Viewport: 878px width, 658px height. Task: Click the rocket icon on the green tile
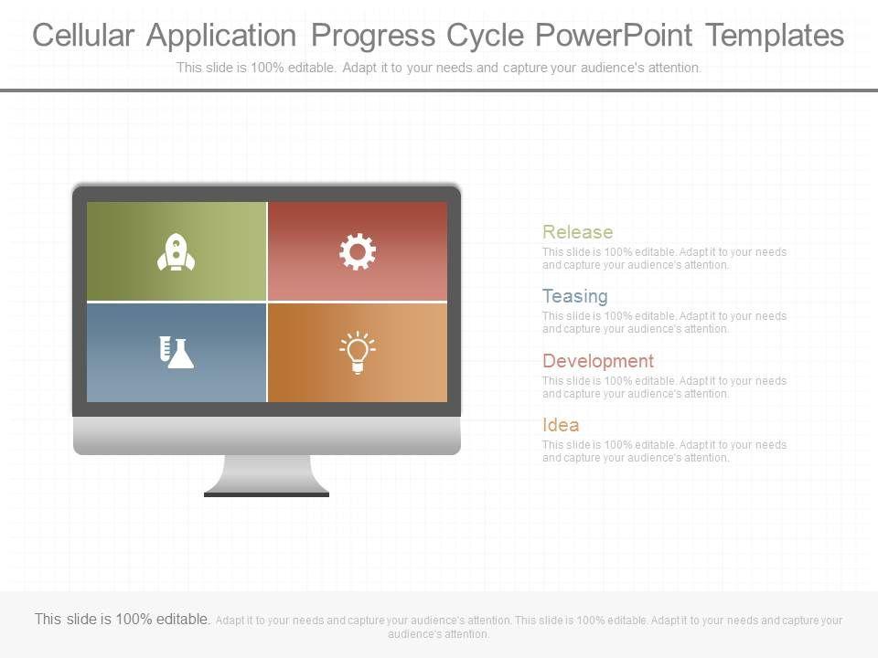point(176,252)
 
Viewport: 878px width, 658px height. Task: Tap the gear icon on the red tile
point(358,252)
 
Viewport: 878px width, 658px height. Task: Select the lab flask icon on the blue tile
point(176,353)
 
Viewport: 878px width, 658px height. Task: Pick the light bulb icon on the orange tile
point(358,353)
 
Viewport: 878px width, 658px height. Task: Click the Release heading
point(577,231)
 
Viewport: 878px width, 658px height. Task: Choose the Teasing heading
point(575,296)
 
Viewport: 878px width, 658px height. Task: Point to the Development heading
point(598,361)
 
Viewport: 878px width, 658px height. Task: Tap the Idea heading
point(561,425)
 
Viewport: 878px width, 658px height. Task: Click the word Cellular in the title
point(83,36)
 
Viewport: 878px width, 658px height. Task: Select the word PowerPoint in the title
point(614,36)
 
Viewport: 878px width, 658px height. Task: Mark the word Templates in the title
point(775,36)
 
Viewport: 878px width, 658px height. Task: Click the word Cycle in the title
point(485,37)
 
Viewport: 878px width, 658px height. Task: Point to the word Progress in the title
point(373,37)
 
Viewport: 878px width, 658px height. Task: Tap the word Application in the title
point(221,37)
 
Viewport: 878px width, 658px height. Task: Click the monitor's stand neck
point(266,473)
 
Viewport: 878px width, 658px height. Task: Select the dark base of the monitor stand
point(266,494)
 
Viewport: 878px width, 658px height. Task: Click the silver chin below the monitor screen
point(266,435)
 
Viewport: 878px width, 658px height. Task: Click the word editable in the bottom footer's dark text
point(183,619)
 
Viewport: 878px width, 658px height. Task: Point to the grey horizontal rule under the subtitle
point(439,90)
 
